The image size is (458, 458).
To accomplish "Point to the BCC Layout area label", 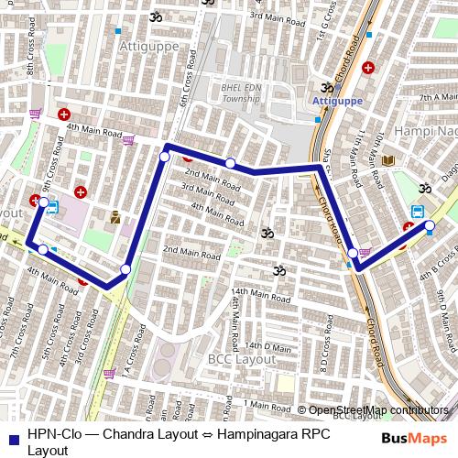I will pos(242,360).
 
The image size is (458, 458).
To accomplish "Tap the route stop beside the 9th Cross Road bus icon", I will pos(43,202).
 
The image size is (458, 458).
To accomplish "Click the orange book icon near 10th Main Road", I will pos(388,161).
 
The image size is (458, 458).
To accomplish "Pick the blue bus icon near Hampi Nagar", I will pos(418,211).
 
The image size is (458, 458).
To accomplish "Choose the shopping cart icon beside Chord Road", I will pos(365,254).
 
